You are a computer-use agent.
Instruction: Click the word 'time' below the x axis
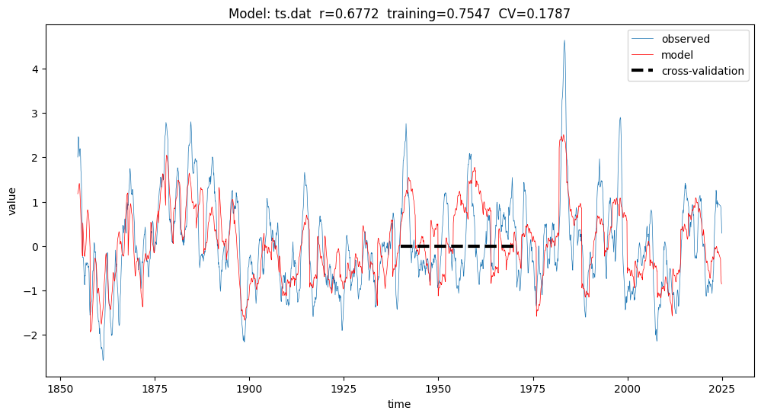pos(399,404)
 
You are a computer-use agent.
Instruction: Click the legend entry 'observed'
pos(686,39)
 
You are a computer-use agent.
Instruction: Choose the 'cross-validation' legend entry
pos(702,71)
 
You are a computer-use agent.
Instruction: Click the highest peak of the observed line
pos(564,40)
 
